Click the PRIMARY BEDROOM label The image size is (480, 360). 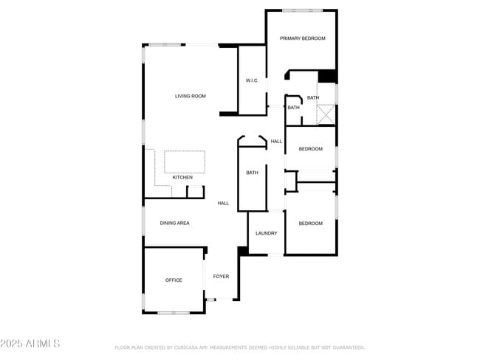pyautogui.click(x=302, y=38)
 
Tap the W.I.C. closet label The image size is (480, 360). pyautogui.click(x=252, y=80)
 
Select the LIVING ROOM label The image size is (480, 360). pyautogui.click(x=190, y=96)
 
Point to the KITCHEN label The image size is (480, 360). pyautogui.click(x=182, y=177)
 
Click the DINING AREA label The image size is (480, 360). pyautogui.click(x=175, y=222)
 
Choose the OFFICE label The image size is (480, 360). pyautogui.click(x=174, y=280)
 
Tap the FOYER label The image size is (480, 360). pyautogui.click(x=221, y=276)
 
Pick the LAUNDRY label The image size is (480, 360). pyautogui.click(x=266, y=233)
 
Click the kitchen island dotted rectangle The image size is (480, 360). pyautogui.click(x=184, y=162)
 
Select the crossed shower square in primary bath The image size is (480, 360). pyautogui.click(x=326, y=115)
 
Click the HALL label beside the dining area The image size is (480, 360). pyautogui.click(x=223, y=203)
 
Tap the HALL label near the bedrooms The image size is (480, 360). pyautogui.click(x=276, y=141)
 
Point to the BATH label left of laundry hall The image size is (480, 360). pyautogui.click(x=252, y=173)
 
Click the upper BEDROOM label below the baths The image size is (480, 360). pyautogui.click(x=310, y=149)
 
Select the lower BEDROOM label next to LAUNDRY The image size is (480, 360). pyautogui.click(x=310, y=223)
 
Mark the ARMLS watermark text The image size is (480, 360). pyautogui.click(x=30, y=344)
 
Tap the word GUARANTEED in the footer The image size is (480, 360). pyautogui.click(x=346, y=347)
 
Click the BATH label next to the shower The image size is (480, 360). pyautogui.click(x=313, y=97)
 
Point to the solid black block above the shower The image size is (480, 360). pyautogui.click(x=327, y=76)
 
